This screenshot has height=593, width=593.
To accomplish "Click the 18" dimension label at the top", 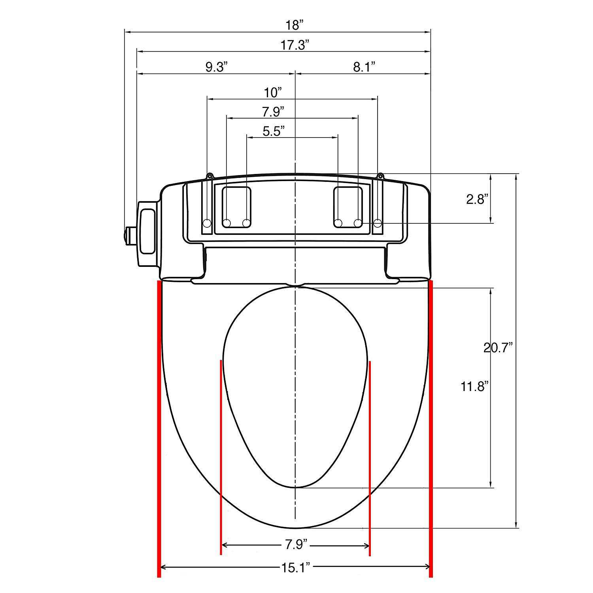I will [x=295, y=25].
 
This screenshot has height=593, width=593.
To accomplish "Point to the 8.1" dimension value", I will [x=364, y=67].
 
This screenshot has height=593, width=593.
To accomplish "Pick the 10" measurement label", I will [x=273, y=93].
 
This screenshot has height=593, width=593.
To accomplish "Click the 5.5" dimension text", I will [x=274, y=131].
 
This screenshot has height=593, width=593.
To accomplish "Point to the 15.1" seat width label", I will [x=295, y=567].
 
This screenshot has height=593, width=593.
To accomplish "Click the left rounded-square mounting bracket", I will [x=236, y=207].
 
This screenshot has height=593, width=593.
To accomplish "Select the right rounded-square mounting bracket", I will [x=348, y=207].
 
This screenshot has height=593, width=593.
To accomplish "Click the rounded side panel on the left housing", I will [x=148, y=232].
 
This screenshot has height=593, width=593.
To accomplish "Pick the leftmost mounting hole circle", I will [x=207, y=224].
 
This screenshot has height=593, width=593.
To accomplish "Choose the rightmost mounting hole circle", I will [x=378, y=224].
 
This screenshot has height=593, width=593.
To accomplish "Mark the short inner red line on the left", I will [x=221, y=455].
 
